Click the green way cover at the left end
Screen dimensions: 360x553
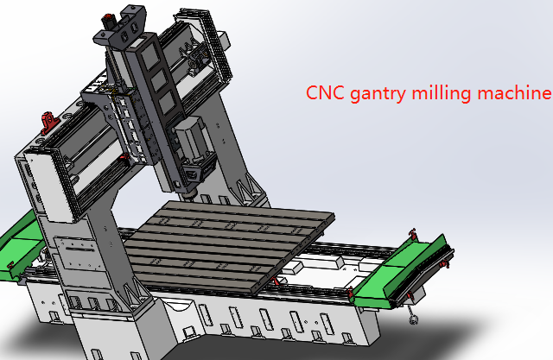tap(19, 246)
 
